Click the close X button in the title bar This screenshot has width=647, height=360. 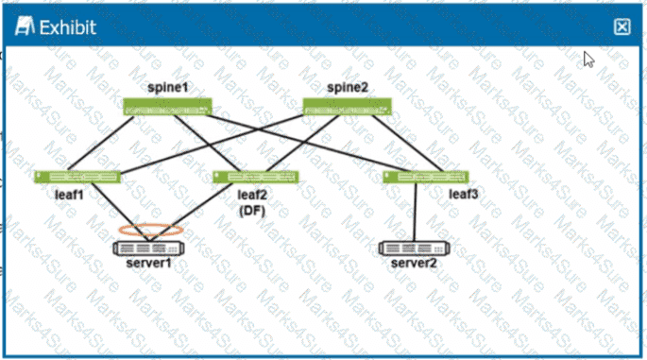pyautogui.click(x=621, y=27)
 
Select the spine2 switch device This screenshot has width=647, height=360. pyautogui.click(x=347, y=106)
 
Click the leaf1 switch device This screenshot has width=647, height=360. pyautogui.click(x=77, y=177)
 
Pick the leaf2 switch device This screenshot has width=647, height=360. pyautogui.click(x=255, y=177)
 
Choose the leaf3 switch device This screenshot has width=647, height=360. pyautogui.click(x=427, y=177)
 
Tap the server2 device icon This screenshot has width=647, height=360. pyautogui.click(x=414, y=248)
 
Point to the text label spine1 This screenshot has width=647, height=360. pyautogui.click(x=167, y=87)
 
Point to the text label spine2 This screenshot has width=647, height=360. pyautogui.click(x=347, y=87)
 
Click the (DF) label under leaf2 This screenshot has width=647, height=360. pyautogui.click(x=251, y=211)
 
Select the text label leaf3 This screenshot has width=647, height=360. pyautogui.click(x=464, y=195)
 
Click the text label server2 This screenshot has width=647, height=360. pyautogui.click(x=414, y=263)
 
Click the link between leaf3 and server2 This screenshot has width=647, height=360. pyautogui.click(x=417, y=212)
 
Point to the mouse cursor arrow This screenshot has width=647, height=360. pyautogui.click(x=588, y=59)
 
